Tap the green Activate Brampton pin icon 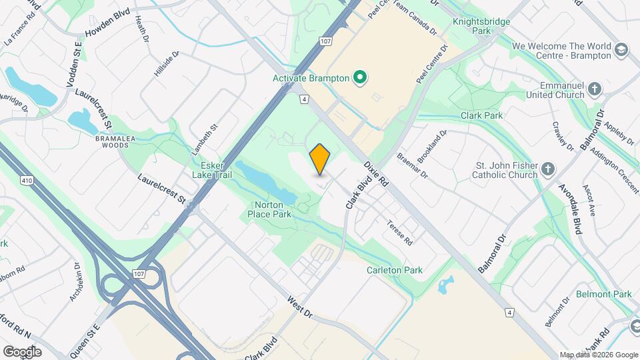pos(361,78)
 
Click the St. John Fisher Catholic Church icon pos(548,169)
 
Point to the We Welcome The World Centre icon pos(621,50)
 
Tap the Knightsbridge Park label pos(481,26)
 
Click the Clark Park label pos(482,115)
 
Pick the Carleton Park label pos(395,271)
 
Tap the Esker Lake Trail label pos(211,170)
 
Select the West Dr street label pos(299,307)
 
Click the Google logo pos(22,351)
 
